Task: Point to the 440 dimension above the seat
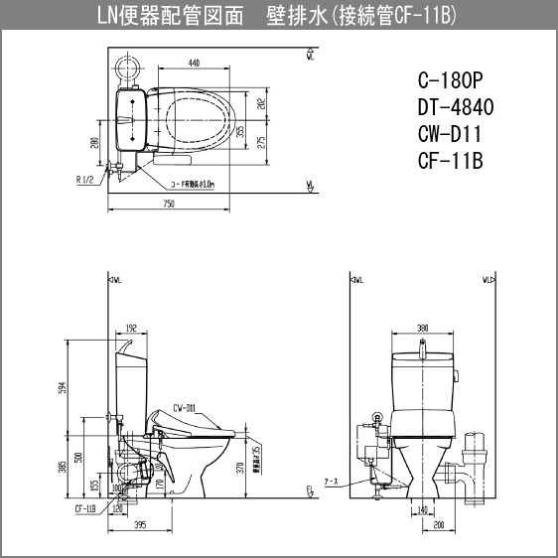tap(192, 63)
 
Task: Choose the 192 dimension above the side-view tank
tap(131, 327)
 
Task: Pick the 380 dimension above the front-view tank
tap(423, 327)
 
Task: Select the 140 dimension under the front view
tap(423, 508)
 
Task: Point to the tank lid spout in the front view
tap(423, 346)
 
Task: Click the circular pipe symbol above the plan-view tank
tap(127, 69)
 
